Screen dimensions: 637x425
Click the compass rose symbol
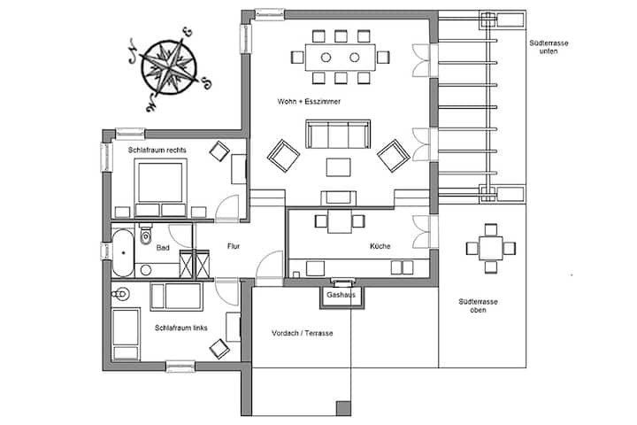169,67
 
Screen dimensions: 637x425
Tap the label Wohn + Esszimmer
309,102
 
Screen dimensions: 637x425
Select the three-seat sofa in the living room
338,135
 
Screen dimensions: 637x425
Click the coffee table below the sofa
338,167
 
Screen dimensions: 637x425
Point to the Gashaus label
341,295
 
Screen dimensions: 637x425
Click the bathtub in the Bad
123,252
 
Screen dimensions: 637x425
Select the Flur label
234,246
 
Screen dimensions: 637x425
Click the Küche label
380,246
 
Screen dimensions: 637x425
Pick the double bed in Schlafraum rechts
160,187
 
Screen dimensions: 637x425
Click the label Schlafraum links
181,328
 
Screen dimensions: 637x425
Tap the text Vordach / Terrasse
303,333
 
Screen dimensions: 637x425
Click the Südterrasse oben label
478,305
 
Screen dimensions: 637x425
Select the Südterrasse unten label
549,47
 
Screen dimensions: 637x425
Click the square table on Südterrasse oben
491,248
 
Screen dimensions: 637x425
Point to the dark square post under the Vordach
343,408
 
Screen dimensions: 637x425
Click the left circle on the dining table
326,58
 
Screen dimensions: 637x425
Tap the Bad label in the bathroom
163,248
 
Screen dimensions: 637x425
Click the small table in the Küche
340,221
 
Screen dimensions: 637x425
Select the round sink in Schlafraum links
120,294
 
